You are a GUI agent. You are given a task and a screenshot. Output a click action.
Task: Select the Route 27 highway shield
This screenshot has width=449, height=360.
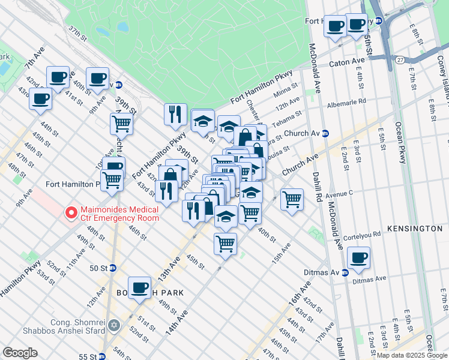[400, 59]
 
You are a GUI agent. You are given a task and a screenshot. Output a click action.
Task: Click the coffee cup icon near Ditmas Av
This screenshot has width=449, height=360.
[358, 258]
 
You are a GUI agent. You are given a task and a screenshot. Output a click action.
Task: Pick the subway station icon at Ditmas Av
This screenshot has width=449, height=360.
[345, 272]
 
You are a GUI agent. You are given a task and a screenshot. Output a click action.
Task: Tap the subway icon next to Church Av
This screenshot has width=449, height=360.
[325, 133]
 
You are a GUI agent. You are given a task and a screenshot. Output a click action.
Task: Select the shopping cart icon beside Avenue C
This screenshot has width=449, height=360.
[292, 199]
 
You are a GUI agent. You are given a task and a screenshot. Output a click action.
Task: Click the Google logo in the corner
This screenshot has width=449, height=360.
[20, 353]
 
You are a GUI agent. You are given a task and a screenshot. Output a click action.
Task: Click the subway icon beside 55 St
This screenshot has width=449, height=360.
[102, 356]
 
